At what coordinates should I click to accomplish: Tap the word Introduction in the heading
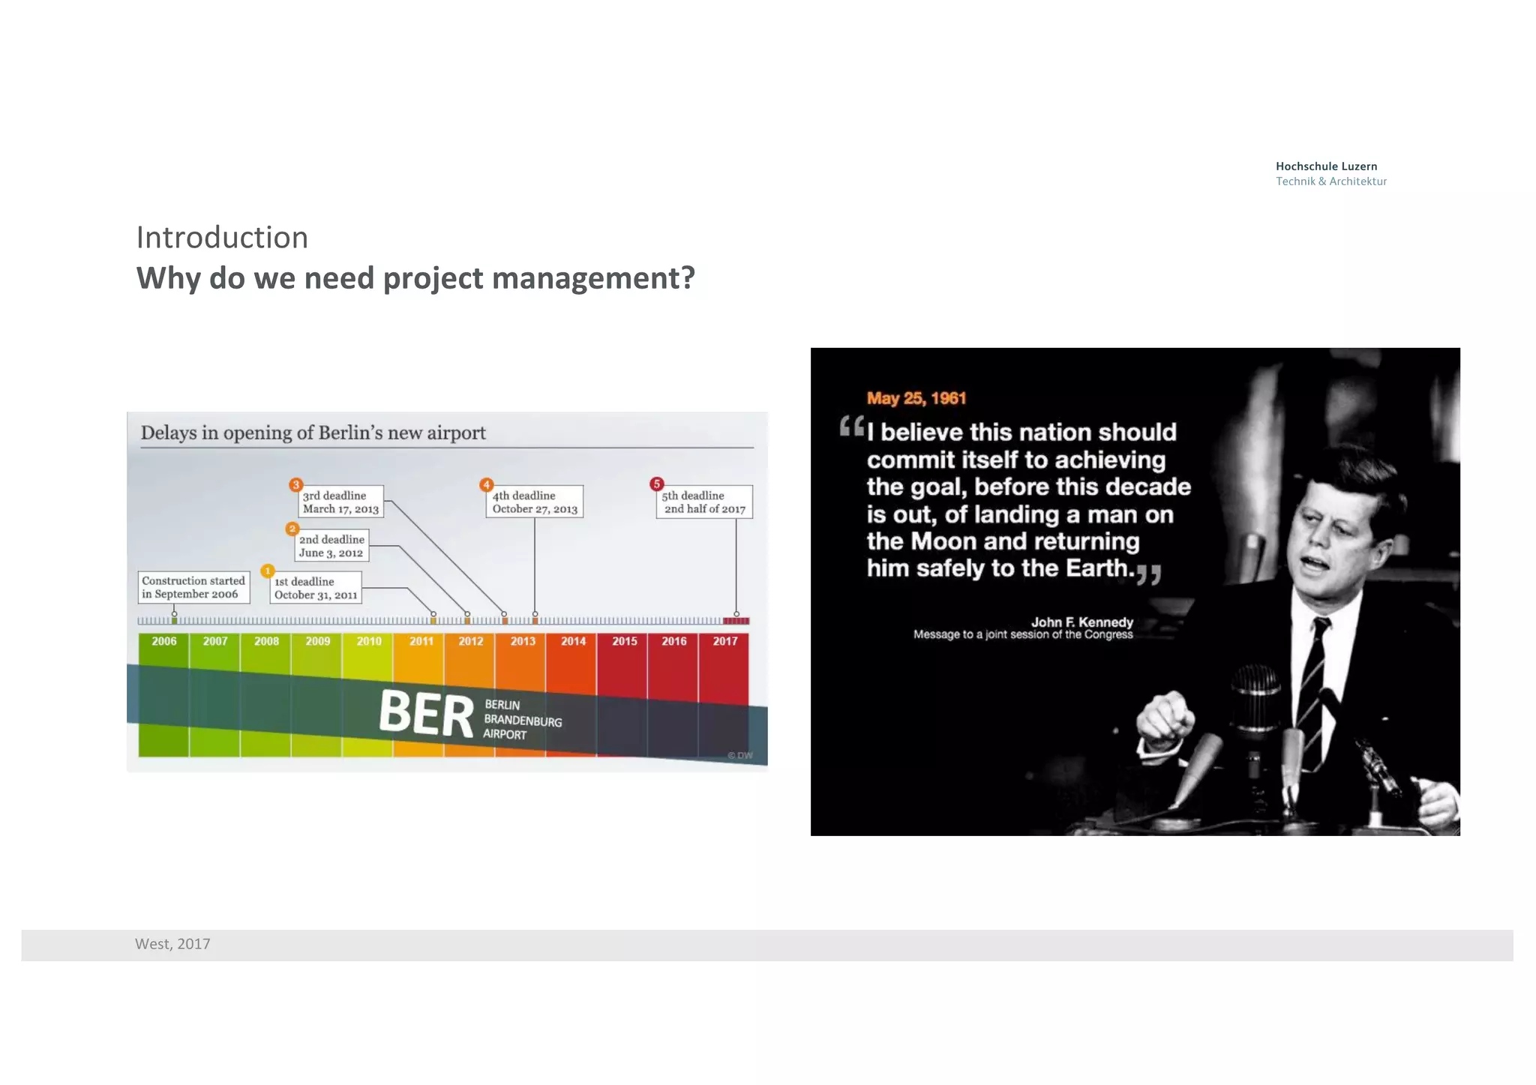point(222,238)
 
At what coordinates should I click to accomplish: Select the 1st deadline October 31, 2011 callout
point(316,588)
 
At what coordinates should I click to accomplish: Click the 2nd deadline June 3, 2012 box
point(331,546)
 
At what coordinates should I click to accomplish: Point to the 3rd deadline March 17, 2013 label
point(340,502)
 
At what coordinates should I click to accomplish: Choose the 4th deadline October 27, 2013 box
point(534,502)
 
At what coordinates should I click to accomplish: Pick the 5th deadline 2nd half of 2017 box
point(703,502)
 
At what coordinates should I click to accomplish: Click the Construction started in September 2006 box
point(193,587)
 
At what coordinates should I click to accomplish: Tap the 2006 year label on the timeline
point(164,641)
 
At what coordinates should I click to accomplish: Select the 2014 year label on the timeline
point(573,641)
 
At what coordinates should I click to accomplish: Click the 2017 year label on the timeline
point(724,641)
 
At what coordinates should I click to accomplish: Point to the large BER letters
point(426,712)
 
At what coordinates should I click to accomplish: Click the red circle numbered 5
point(657,484)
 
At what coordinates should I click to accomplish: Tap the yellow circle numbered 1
point(268,571)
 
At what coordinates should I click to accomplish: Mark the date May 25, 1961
point(916,398)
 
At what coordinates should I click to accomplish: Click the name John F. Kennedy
point(1081,622)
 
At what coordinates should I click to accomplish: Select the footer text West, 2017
point(172,944)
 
